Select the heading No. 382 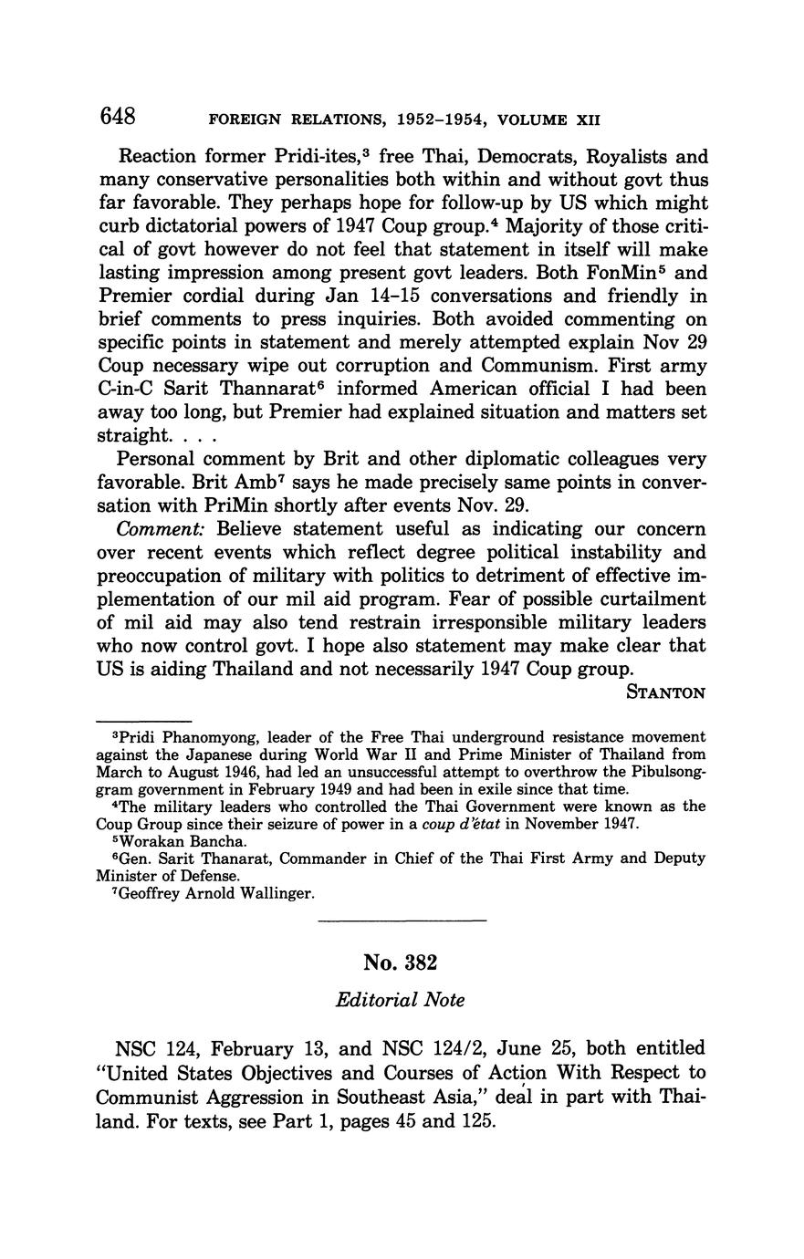(401, 962)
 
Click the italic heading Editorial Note (401, 1000)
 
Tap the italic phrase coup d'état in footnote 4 (458, 825)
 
